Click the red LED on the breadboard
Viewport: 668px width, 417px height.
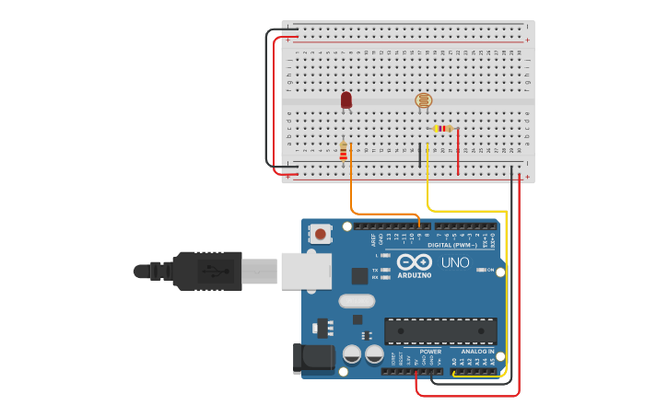(346, 99)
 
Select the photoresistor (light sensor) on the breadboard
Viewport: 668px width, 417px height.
(423, 100)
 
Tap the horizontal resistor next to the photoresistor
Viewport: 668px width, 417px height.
(442, 129)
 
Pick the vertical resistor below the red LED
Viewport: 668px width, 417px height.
(344, 151)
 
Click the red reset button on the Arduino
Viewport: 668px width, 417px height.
(320, 234)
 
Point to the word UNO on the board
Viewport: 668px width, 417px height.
(454, 262)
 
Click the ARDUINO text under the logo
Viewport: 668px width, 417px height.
(415, 275)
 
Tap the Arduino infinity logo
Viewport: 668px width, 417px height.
(415, 262)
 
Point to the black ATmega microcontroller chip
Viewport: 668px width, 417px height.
(440, 331)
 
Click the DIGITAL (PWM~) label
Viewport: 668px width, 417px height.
(454, 245)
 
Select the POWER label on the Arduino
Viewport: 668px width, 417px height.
(430, 352)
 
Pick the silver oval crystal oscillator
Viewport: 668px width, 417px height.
(357, 301)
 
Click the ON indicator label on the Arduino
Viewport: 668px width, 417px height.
(490, 270)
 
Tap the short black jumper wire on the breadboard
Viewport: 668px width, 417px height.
(420, 155)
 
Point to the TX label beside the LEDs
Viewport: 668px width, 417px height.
(376, 270)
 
